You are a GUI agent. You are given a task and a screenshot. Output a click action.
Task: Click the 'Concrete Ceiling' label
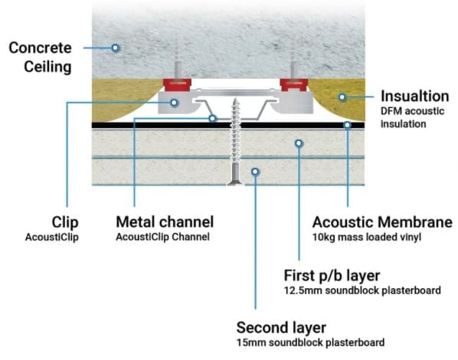40,57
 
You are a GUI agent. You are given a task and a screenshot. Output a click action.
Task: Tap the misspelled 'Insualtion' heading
415,97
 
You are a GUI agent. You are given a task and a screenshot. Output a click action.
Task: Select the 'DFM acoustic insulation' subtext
413,117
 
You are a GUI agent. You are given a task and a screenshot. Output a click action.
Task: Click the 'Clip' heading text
65,223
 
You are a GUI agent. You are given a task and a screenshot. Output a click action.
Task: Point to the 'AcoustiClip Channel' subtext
162,237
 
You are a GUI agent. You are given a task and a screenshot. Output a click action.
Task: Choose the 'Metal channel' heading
165,222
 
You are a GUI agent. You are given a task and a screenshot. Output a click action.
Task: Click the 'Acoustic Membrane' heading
382,222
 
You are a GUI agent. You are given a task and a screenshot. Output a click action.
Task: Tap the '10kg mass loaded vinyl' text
367,237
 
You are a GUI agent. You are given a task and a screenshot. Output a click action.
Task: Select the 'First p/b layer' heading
332,276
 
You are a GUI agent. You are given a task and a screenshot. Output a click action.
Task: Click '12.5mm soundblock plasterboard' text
362,290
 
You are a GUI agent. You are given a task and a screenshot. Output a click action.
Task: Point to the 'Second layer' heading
281,328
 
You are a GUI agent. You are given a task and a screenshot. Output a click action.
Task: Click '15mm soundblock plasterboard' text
310,342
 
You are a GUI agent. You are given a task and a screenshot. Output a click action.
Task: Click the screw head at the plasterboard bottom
235,182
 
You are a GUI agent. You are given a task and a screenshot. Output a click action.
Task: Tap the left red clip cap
177,85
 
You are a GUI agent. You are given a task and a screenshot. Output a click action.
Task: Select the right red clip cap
294,85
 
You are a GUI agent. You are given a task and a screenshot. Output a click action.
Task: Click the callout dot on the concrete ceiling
116,47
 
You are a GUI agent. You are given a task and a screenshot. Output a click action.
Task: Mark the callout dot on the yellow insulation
342,97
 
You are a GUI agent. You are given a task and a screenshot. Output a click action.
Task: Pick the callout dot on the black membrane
347,125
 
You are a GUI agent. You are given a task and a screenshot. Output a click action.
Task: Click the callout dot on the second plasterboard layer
255,172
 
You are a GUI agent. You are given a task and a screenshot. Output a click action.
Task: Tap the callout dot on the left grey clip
174,103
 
